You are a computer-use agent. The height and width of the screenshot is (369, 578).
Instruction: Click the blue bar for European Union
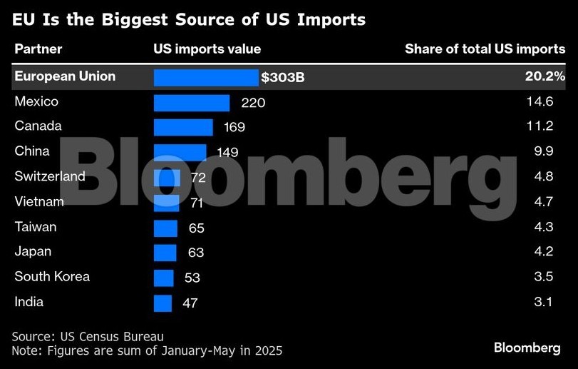206,77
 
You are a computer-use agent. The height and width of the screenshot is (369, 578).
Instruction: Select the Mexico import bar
192,103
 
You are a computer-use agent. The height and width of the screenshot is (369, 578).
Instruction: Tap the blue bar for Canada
183,127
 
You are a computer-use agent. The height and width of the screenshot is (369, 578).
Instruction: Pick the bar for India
162,303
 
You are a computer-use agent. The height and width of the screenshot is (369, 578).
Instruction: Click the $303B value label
283,77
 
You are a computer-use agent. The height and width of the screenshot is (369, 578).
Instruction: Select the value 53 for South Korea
192,278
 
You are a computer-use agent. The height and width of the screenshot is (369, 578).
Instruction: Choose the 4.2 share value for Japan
543,252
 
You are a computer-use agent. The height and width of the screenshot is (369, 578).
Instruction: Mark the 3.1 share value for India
543,302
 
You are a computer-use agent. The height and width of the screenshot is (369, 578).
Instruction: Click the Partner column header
38,49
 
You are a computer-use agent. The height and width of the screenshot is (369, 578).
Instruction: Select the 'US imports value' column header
207,49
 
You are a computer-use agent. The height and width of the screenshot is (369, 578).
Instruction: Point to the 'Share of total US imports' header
485,49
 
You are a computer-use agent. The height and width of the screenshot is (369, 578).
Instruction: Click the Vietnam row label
39,202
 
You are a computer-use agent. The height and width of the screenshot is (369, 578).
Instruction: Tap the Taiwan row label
36,227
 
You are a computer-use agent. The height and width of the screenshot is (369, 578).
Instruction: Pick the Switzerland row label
50,176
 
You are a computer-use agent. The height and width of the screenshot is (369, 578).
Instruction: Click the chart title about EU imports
189,20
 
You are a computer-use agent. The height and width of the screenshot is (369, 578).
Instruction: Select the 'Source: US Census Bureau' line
88,336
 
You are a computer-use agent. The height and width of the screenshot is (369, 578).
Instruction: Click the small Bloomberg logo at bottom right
527,348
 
